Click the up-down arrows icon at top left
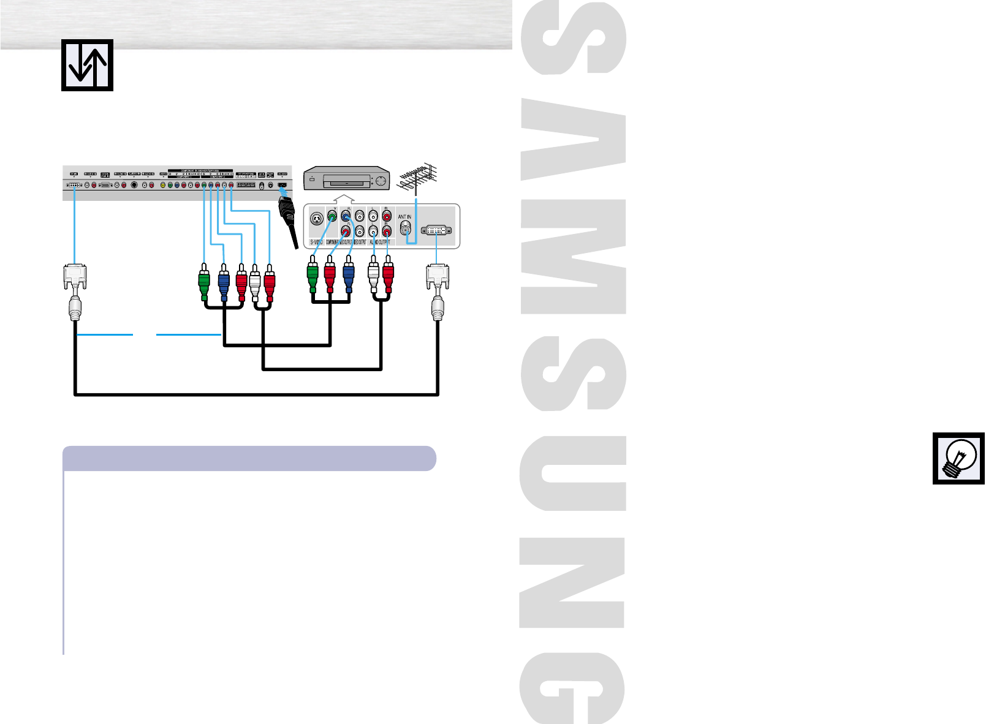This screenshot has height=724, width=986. [x=87, y=65]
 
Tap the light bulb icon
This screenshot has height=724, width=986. [x=958, y=458]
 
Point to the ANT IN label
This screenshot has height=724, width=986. [x=404, y=217]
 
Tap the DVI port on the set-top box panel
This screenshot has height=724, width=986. [x=436, y=230]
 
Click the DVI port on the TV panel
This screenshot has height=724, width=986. [x=73, y=184]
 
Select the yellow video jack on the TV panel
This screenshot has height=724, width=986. [x=162, y=185]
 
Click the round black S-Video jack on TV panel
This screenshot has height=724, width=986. [x=134, y=185]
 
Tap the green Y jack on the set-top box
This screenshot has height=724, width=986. [x=332, y=216]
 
